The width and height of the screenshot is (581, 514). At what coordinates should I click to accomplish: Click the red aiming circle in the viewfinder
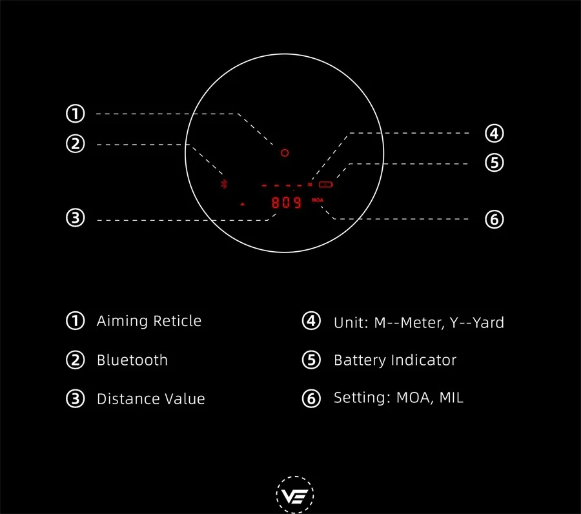pos(285,149)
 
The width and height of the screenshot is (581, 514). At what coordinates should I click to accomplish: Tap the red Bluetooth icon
pos(224,184)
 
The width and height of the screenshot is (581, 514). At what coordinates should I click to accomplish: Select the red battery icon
pos(326,184)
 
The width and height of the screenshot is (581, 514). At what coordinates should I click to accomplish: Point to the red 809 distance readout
pos(286,202)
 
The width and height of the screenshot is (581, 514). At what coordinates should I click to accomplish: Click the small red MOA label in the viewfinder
pos(318,200)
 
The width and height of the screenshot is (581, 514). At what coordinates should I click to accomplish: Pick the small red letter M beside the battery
pos(310,184)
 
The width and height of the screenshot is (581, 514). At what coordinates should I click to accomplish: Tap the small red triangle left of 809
pos(242,204)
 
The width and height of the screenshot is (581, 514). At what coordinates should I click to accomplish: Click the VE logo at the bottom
pos(295,495)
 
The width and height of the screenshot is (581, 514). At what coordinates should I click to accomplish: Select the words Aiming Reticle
pos(149,321)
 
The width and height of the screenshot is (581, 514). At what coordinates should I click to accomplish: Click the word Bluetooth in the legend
pos(132,360)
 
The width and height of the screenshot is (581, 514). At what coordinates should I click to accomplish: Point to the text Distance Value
pos(151,399)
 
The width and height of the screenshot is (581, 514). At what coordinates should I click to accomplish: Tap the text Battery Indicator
pos(395,360)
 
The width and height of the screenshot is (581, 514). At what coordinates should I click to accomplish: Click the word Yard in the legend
pos(489,323)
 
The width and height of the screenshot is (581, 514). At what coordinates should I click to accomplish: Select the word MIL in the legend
pos(451,398)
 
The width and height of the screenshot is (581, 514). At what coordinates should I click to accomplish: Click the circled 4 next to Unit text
pos(311,321)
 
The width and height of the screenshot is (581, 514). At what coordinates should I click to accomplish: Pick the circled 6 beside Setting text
pos(311,398)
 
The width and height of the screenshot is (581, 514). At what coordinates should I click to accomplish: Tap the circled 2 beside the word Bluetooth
pos(76,360)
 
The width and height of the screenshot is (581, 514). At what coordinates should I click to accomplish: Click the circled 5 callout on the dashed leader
pos(494,163)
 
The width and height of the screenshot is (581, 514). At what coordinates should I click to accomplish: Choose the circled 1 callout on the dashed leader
pos(76,114)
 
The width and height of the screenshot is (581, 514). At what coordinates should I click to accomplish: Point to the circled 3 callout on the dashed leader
pos(76,218)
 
